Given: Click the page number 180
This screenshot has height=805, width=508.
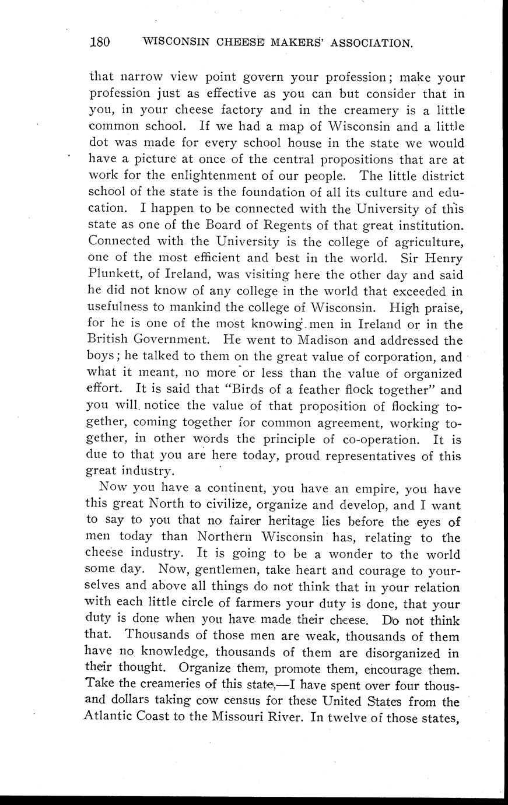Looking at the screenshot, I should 100,42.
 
